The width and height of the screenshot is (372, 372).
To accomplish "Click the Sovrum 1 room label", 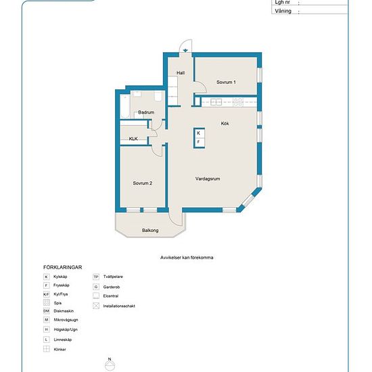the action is [226, 82].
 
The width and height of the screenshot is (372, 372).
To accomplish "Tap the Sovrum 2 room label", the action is [142, 183].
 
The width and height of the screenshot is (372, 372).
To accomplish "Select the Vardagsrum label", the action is [208, 179].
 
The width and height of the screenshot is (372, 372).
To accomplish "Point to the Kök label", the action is [225, 123].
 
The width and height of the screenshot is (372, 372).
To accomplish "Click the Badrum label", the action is [146, 112].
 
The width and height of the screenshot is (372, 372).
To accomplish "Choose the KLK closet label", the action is [133, 139].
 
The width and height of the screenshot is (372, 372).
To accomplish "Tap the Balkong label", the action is [150, 230].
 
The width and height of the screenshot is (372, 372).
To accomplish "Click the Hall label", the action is [181, 73].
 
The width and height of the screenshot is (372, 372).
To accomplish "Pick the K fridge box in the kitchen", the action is [199, 133].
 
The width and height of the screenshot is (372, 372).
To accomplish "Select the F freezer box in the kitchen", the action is [199, 142].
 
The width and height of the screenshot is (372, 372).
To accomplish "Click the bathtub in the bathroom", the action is [125, 106].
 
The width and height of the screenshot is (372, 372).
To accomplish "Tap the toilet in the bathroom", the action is [158, 96].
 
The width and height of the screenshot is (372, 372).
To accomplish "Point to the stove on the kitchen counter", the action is [238, 102].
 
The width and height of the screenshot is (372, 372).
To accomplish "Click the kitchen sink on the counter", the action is [216, 102].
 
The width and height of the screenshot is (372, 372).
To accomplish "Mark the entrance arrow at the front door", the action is [185, 50].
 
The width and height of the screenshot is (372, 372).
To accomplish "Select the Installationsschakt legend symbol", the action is [96, 306].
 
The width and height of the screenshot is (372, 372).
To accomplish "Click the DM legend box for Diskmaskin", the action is [47, 311].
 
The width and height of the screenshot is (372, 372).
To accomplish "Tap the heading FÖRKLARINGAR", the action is [63, 267].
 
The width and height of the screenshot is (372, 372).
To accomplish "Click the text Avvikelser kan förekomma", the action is [187, 258].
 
